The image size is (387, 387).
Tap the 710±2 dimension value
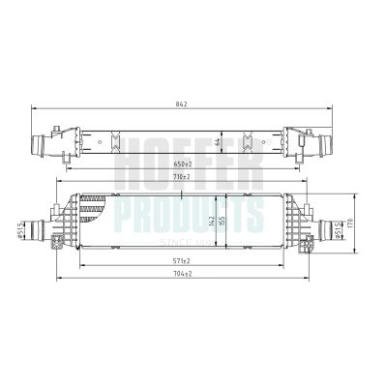pyautogui.click(x=181, y=178)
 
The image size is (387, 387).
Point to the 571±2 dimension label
pyautogui.click(x=181, y=261)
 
